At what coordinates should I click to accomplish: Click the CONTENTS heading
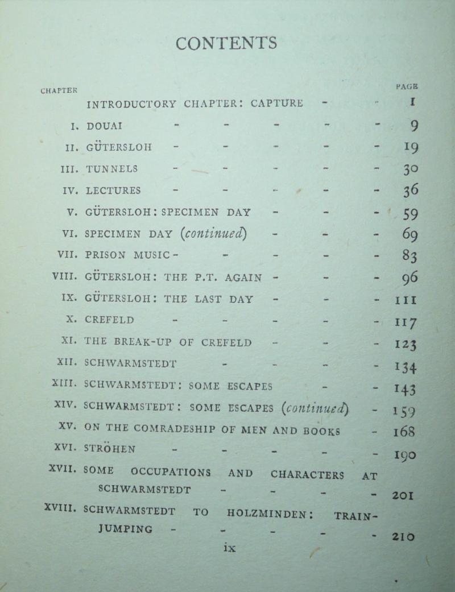(x=226, y=43)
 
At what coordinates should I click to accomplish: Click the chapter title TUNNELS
(x=112, y=169)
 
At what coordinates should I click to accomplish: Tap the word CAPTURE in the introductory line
(x=277, y=104)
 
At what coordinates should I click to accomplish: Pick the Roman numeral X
(x=71, y=319)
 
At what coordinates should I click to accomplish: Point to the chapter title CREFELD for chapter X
(x=110, y=319)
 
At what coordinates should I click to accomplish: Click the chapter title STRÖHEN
(x=110, y=449)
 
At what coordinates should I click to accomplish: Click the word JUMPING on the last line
(x=117, y=529)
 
